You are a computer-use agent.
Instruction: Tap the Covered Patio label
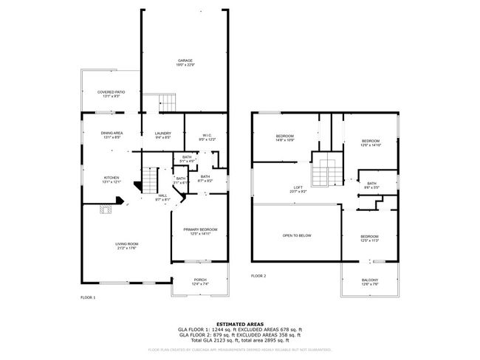point(111,94)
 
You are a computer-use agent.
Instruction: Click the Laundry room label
point(162,135)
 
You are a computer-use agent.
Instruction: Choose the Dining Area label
point(112,135)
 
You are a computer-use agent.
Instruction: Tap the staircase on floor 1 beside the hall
point(150,179)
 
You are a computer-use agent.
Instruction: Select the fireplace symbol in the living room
point(108,211)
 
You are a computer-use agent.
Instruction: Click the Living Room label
point(127,246)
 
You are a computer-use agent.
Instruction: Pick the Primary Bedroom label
point(200,232)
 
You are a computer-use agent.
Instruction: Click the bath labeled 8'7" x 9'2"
point(205,179)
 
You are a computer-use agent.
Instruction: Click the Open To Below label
point(296,235)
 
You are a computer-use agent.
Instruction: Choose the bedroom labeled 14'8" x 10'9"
point(285,138)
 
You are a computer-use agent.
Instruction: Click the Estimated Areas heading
point(239,324)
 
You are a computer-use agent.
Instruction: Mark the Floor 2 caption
point(258,275)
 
